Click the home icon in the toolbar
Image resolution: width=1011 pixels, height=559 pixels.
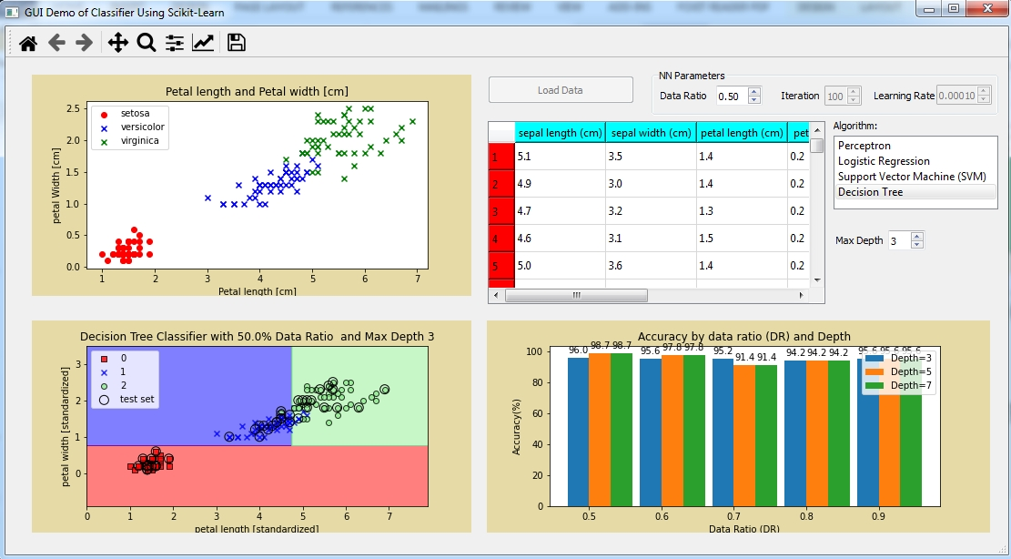28,42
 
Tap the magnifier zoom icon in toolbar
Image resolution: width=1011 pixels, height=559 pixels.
146,42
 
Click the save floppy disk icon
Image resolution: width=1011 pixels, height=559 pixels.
237,42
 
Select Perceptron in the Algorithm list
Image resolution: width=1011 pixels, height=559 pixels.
864,146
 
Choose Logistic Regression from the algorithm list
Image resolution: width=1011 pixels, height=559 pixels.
884,161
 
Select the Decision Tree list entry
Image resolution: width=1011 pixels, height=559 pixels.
871,192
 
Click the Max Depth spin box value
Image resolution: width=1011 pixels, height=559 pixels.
898,241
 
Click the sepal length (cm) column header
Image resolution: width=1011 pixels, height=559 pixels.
560,133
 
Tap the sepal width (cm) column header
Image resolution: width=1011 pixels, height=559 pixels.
651,133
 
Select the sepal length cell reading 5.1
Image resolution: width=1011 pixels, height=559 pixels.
559,157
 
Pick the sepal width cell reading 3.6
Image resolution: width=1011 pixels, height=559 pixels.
650,266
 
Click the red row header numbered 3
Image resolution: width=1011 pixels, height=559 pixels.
500,211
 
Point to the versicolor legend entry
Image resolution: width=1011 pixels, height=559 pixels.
142,127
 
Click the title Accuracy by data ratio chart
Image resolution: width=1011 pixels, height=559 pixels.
713,336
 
